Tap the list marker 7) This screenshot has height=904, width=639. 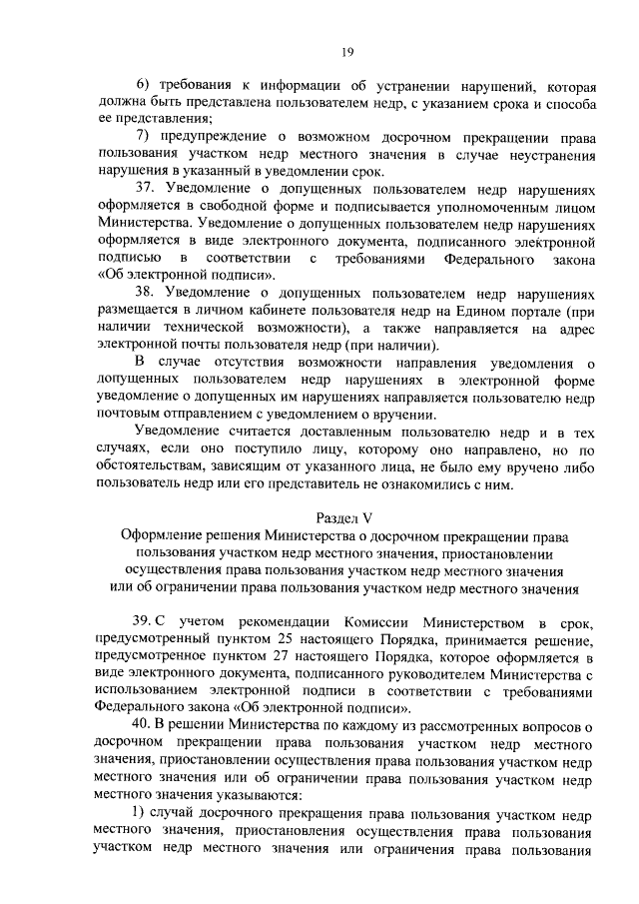tap(144, 137)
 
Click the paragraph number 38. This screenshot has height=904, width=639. tap(146, 291)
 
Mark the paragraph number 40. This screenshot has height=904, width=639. tap(146, 722)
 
